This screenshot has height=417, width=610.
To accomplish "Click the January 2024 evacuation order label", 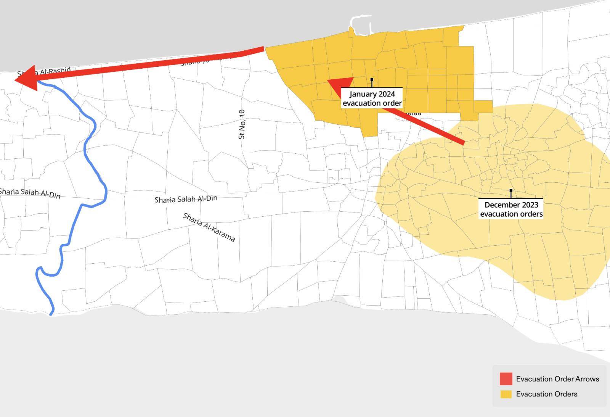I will click(x=372, y=98).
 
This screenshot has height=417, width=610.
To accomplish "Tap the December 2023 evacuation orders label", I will click(x=511, y=209).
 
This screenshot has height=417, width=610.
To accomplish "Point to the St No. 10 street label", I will click(x=242, y=124).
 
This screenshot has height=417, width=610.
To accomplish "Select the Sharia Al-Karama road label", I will click(x=209, y=227).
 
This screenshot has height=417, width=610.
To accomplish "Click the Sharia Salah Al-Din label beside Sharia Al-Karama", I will click(x=186, y=199).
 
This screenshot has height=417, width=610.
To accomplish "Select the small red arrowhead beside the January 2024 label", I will click(x=340, y=86).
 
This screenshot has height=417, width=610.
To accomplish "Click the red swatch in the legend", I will click(x=506, y=379).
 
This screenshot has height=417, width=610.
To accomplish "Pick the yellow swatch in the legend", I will click(x=506, y=394).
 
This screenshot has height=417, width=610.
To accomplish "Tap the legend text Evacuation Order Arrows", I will click(x=557, y=379).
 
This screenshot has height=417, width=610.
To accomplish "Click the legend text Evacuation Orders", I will click(x=547, y=394).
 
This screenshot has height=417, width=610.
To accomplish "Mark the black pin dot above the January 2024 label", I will click(x=372, y=80).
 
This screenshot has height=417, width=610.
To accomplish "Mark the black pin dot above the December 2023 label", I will click(x=511, y=190).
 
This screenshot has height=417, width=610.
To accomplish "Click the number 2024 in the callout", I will click(x=386, y=94).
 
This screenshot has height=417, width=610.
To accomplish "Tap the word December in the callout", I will click(x=501, y=205).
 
